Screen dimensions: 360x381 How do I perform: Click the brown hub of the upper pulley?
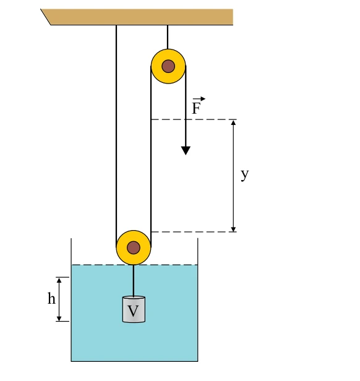coord(168,66)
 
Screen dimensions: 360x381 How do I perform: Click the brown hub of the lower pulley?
coord(134,247)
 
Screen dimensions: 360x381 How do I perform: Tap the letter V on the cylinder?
coord(133,310)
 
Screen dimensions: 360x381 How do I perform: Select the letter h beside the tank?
coord(51,298)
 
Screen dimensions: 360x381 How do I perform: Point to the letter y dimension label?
coord(245,174)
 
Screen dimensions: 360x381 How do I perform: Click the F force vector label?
coord(196,108)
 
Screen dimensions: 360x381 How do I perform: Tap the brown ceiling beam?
coord(137,17)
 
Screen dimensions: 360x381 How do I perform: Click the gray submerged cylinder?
coord(134,309)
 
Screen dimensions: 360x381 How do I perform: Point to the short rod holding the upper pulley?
coord(168,37)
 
